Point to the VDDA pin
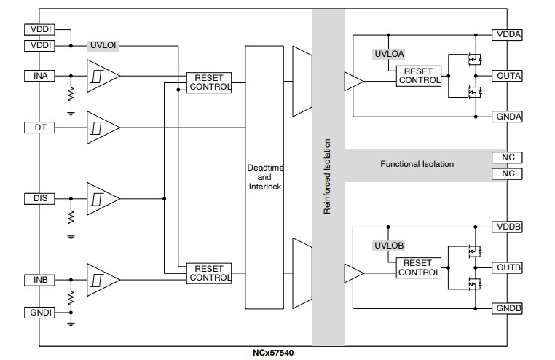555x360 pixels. (x=508, y=34)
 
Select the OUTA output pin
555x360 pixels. (x=508, y=76)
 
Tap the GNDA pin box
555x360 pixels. (x=508, y=117)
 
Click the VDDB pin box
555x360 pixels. (x=508, y=226)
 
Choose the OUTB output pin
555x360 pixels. (x=508, y=267)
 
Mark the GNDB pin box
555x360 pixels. (x=508, y=308)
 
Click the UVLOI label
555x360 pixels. (x=103, y=45)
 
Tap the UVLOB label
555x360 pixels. (x=388, y=246)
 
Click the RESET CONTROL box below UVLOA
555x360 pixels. (x=419, y=76)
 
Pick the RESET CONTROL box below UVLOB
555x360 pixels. (x=418, y=267)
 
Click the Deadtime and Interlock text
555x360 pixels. (x=264, y=177)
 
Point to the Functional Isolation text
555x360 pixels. (x=417, y=164)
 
